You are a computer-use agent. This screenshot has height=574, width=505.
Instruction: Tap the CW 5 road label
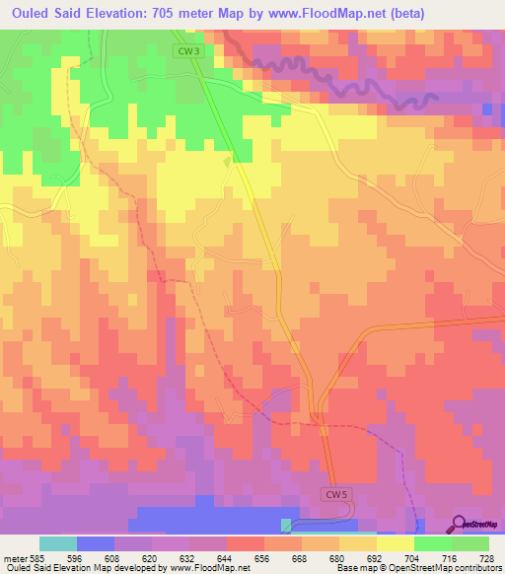336,493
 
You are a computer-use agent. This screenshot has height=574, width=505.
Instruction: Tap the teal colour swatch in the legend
57,543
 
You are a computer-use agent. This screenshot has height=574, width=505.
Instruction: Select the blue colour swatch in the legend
95,543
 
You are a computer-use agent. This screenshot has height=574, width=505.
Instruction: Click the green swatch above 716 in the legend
432,543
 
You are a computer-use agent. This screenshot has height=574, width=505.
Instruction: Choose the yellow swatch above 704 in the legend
395,543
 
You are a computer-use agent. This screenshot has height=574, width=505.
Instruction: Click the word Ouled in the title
33,13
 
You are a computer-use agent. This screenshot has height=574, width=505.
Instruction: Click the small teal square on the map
287,525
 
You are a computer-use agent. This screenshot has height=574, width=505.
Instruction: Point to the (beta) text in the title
471,13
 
